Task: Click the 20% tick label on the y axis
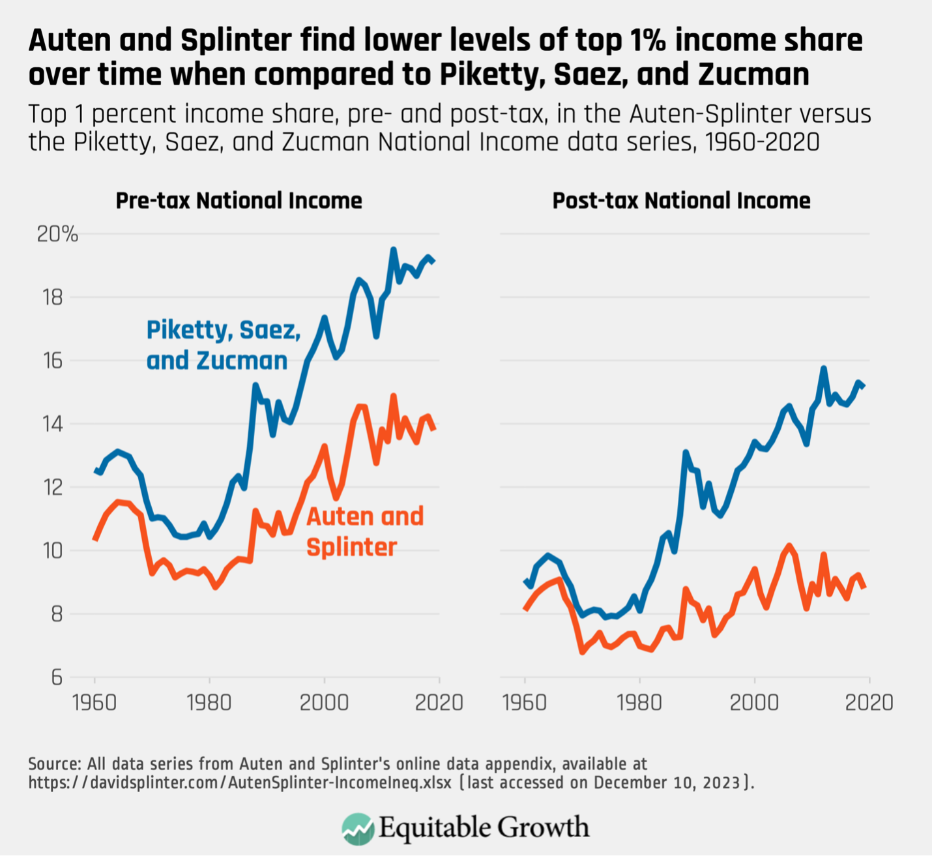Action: pyautogui.click(x=57, y=234)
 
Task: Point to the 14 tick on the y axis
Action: pyautogui.click(x=53, y=424)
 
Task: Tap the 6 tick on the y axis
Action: pyautogui.click(x=57, y=677)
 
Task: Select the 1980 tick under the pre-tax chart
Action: pyautogui.click(x=209, y=702)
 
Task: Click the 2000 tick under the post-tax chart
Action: pyautogui.click(x=754, y=702)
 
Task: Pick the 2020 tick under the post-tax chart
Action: pyautogui.click(x=869, y=702)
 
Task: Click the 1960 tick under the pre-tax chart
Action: pyautogui.click(x=95, y=702)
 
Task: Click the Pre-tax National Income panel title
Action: pyautogui.click(x=239, y=200)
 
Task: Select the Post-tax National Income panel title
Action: pyautogui.click(x=681, y=200)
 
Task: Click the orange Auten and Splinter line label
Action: pyautogui.click(x=364, y=531)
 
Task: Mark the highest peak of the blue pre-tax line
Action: pyautogui.click(x=393, y=249)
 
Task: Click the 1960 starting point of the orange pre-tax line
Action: pyautogui.click(x=95, y=539)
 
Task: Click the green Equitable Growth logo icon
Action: pyautogui.click(x=358, y=828)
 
